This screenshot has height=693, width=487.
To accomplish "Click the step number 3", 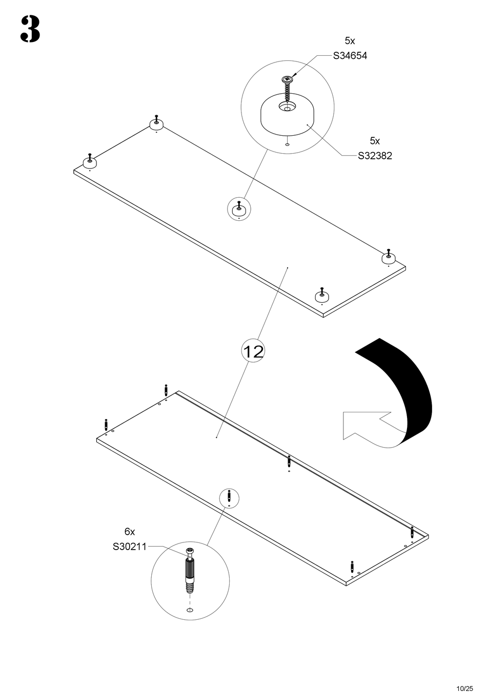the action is click(30, 30).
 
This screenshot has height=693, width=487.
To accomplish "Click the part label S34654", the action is click(350, 56).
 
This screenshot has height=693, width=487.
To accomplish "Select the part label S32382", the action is click(375, 156).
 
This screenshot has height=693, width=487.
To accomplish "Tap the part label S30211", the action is click(130, 547).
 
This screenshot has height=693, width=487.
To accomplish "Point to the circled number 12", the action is click(253, 351).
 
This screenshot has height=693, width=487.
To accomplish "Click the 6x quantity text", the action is click(130, 532).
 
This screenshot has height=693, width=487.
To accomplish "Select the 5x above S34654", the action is click(350, 40).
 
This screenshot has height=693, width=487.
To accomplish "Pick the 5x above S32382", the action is click(375, 140).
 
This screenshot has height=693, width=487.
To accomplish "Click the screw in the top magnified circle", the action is click(287, 87).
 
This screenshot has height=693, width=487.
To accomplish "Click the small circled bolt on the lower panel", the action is click(229, 496).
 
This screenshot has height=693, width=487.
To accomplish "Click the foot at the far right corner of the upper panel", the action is click(389, 257).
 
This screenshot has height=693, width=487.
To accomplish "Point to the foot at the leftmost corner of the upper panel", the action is click(90, 161).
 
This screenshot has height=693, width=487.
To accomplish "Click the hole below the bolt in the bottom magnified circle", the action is click(190, 611).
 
